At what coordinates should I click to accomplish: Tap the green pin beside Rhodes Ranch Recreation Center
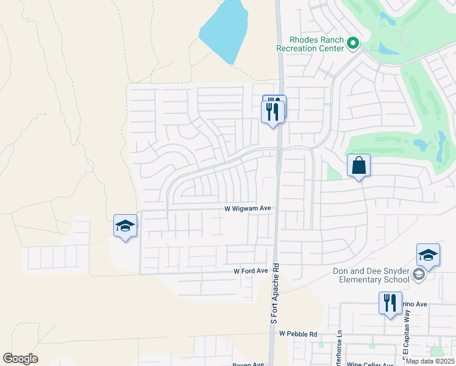pyautogui.click(x=353, y=43)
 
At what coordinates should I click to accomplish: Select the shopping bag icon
pyautogui.click(x=358, y=165)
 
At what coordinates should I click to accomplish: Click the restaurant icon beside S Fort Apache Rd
pyautogui.click(x=273, y=111)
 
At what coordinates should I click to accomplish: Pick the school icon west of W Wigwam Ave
pyautogui.click(x=125, y=226)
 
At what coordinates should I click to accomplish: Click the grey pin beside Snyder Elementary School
pyautogui.click(x=418, y=274)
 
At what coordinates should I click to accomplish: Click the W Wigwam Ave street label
pyautogui.click(x=248, y=208)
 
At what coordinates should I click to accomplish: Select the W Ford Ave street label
pyautogui.click(x=251, y=271)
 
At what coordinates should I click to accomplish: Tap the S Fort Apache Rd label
pyautogui.click(x=276, y=293)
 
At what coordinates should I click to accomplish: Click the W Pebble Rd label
pyautogui.click(x=299, y=334)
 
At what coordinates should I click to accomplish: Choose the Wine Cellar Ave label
pyautogui.click(x=371, y=364)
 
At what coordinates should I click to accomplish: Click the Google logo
pyautogui.click(x=20, y=358)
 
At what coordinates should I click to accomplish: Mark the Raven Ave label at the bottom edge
pyautogui.click(x=248, y=364)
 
